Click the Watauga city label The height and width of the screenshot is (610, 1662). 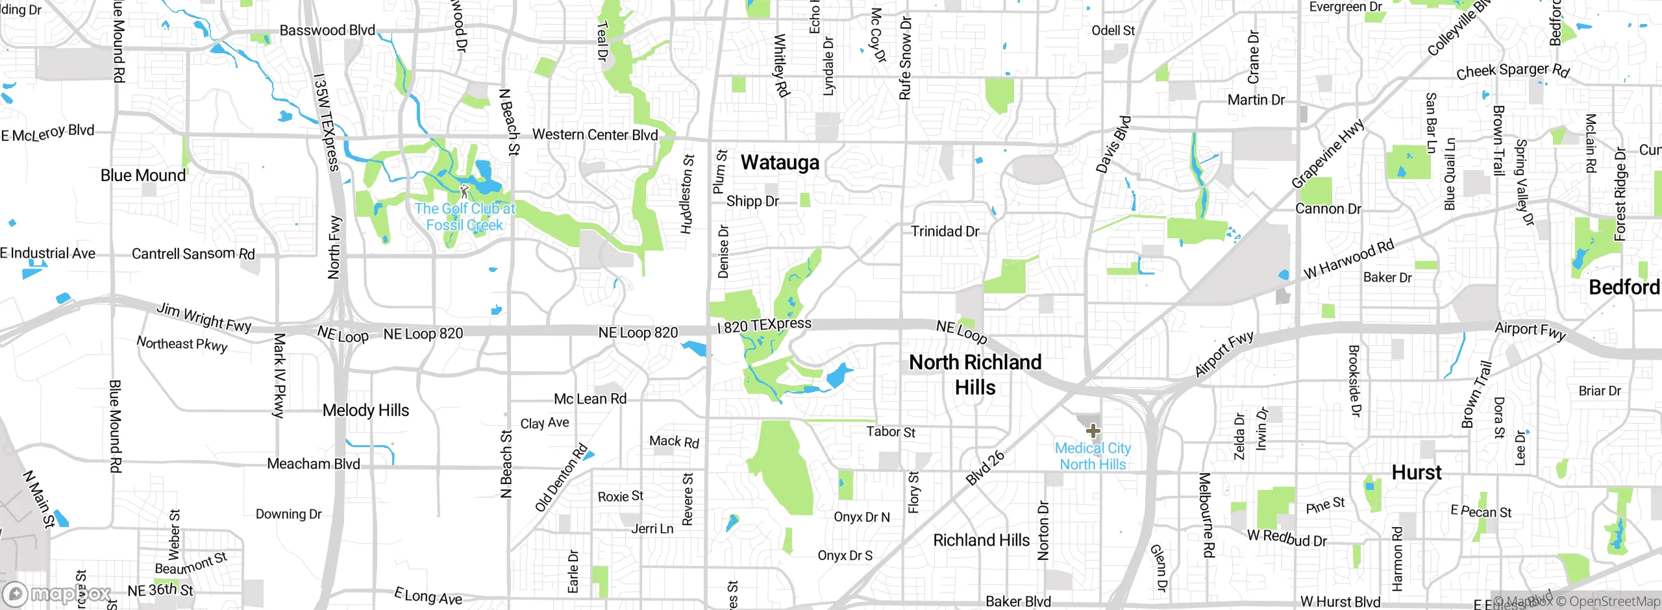point(780,162)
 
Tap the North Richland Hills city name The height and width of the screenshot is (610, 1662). point(975,374)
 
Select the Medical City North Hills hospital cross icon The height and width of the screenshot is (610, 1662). point(1093,430)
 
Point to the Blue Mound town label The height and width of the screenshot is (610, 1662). point(143,175)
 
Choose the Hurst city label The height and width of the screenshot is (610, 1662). point(1416,472)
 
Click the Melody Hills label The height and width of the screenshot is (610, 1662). point(366,410)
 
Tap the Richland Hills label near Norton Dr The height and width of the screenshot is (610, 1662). point(981,540)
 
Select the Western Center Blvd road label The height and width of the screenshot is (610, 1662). point(595,135)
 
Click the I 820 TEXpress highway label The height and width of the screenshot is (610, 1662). point(764,325)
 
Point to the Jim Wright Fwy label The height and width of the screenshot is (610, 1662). point(203,317)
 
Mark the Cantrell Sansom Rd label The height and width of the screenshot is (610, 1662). point(193,254)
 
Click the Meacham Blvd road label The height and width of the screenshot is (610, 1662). point(313,464)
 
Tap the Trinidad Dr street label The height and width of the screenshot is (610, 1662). point(945,232)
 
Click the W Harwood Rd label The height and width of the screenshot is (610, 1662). point(1348,259)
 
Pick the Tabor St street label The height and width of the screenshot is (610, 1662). point(891,432)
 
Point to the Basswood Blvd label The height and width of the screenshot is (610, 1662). point(327,30)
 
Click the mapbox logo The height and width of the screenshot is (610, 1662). point(57,594)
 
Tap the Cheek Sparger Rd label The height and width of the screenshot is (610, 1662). point(1512,71)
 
